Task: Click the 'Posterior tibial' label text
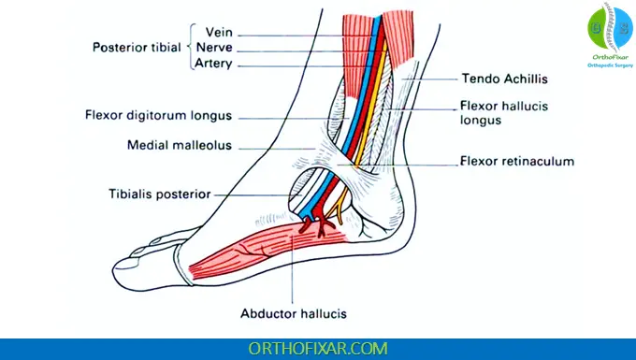click(x=138, y=48)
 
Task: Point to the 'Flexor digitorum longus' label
click(x=171, y=116)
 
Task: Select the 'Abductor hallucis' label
click(x=294, y=313)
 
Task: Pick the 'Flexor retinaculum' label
click(x=516, y=162)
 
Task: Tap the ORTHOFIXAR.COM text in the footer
click(x=317, y=348)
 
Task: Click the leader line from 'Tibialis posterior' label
click(x=253, y=194)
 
